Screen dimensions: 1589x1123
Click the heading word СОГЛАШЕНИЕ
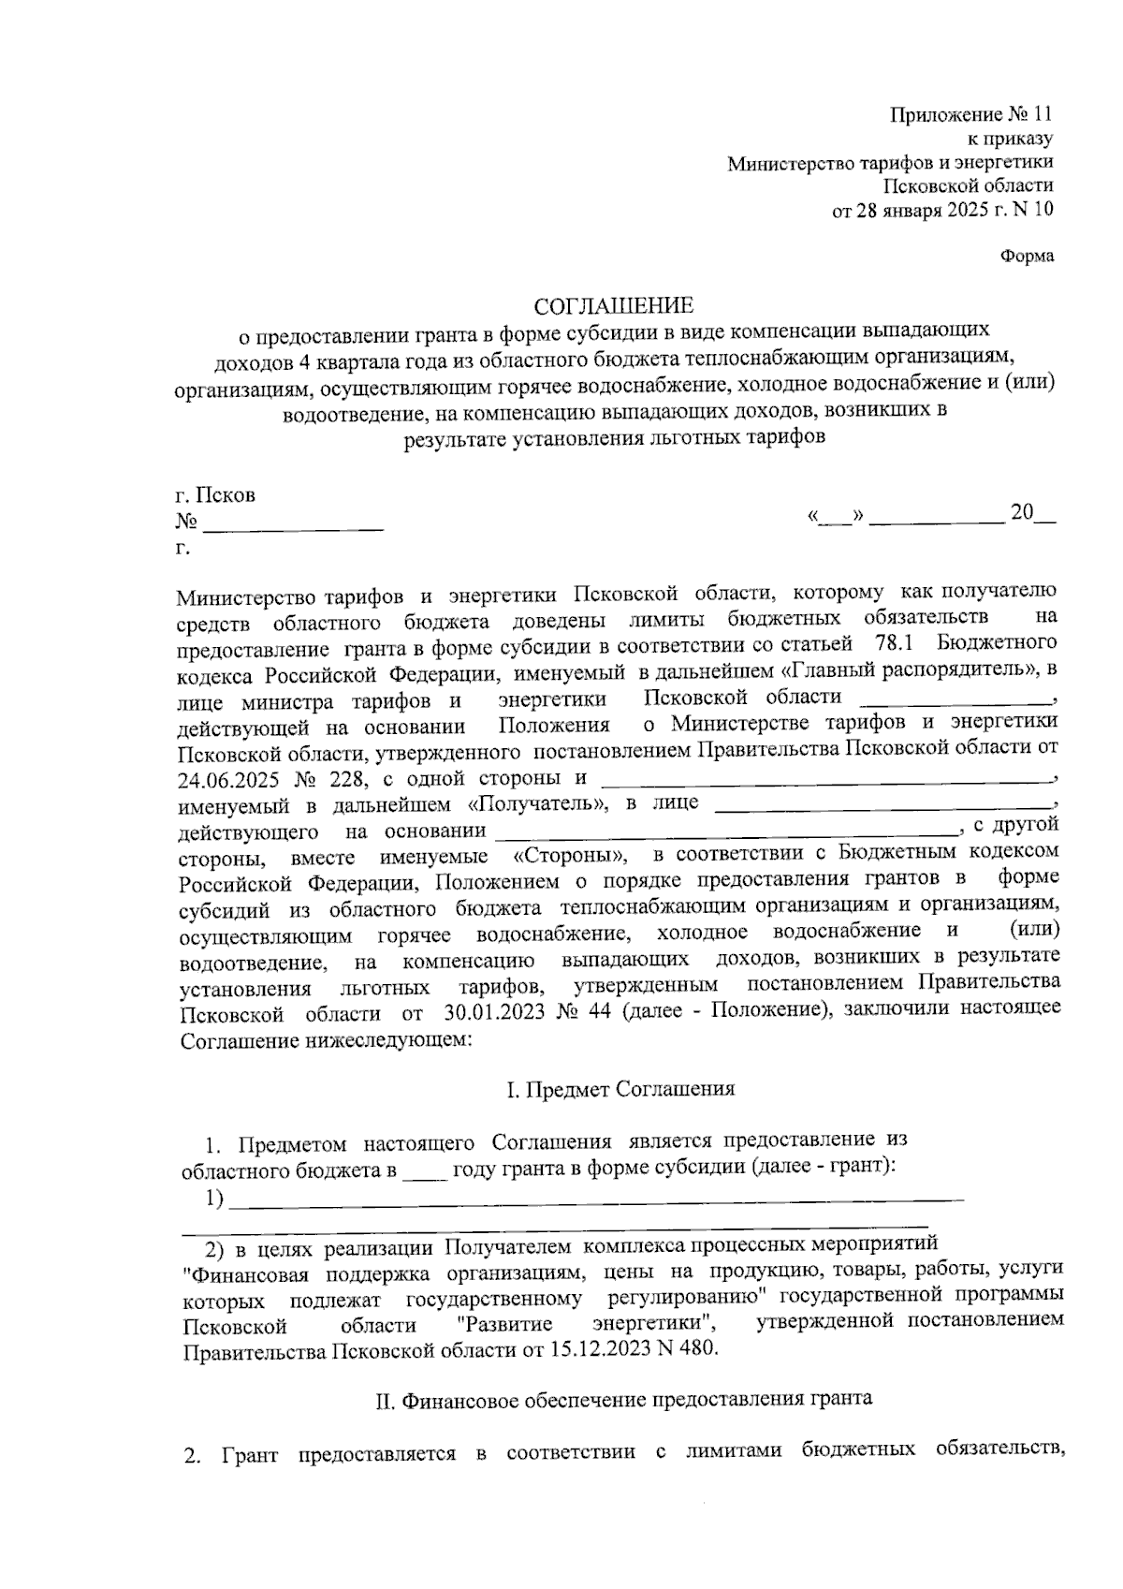614,306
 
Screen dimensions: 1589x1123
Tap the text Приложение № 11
970,115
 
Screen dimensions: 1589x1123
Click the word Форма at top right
1027,256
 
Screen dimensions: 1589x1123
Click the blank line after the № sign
293,526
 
